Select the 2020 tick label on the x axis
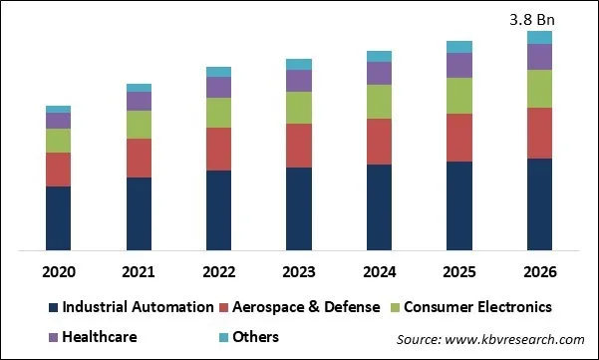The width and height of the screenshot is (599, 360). tap(58, 272)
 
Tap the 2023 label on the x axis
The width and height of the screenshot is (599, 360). tap(299, 272)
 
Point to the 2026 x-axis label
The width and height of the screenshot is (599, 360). tap(539, 272)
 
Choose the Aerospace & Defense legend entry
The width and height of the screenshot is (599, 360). tap(299, 307)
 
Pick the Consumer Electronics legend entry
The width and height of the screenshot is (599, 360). tap(470, 307)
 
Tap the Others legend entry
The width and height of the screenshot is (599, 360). tap(256, 337)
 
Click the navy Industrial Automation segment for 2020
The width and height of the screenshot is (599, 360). tap(58, 217)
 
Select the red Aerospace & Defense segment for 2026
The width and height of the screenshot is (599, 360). tap(539, 133)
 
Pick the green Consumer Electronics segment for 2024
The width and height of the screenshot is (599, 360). tap(379, 102)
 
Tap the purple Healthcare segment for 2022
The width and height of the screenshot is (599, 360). tap(218, 87)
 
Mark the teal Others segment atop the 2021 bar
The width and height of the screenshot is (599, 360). tap(139, 88)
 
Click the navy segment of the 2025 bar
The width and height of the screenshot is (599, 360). tap(459, 204)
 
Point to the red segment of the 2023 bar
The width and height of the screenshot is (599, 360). tap(299, 146)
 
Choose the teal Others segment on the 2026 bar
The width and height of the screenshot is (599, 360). tap(539, 37)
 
